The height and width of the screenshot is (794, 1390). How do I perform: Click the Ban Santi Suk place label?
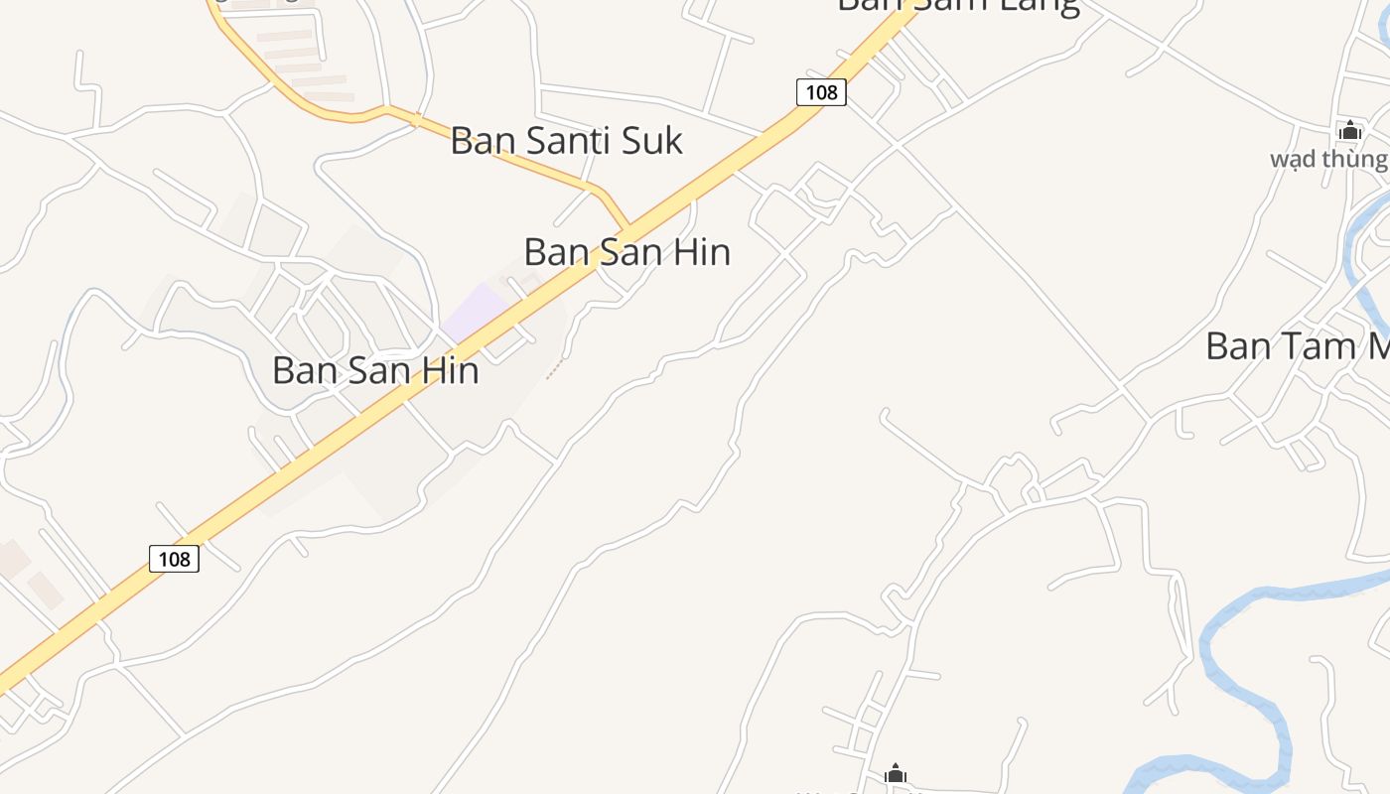[x=566, y=141]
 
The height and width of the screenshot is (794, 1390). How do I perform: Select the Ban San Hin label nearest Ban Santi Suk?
[x=626, y=252]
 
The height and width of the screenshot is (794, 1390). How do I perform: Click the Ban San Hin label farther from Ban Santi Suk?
[x=375, y=371]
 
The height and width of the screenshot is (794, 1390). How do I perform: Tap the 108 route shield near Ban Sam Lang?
[x=821, y=92]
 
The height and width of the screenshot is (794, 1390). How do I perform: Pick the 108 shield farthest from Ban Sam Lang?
[x=174, y=559]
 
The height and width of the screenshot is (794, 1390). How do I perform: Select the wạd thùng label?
[x=1328, y=159]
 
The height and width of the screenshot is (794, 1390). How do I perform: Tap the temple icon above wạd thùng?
[x=1349, y=130]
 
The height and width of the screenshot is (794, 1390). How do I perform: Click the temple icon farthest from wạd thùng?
[x=896, y=773]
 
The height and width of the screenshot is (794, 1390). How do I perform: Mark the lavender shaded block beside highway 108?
[x=476, y=313]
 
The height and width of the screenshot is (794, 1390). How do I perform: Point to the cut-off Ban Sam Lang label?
[x=957, y=6]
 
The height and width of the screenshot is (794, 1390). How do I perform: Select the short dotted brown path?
[x=557, y=369]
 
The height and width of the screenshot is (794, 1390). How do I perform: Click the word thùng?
[x=1354, y=159]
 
